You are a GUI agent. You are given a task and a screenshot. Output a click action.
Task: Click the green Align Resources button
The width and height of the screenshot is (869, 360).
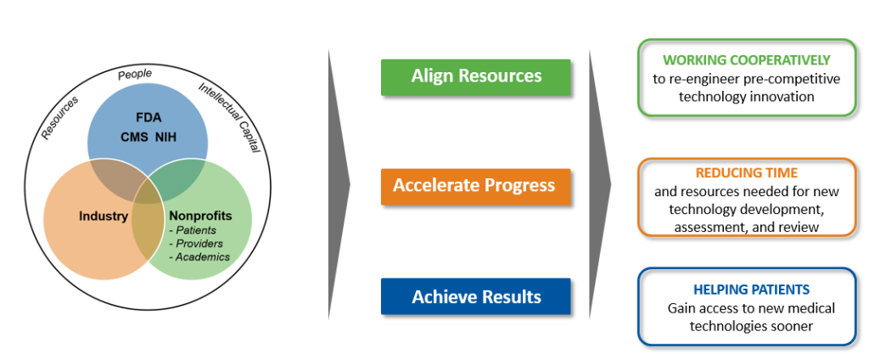pyautogui.click(x=476, y=76)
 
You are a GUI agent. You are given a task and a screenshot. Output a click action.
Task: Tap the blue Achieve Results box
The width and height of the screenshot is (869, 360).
pyautogui.click(x=476, y=297)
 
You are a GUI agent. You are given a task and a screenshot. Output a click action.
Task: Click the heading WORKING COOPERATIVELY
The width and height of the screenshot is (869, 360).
pyautogui.click(x=747, y=60)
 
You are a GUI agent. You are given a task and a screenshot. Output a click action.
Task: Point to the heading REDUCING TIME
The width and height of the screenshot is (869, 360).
pyautogui.click(x=746, y=173)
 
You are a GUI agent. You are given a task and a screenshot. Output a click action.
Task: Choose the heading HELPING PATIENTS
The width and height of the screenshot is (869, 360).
pyautogui.click(x=746, y=290)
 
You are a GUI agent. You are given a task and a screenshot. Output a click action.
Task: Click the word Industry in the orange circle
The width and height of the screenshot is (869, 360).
pyautogui.click(x=104, y=217)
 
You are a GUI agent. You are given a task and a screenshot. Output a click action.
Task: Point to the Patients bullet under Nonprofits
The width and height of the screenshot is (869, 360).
pyautogui.click(x=196, y=230)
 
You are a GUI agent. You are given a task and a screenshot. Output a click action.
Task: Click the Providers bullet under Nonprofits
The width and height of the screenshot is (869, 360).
pyautogui.click(x=199, y=244)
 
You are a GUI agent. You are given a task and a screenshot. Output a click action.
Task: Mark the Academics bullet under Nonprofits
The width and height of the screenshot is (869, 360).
pyautogui.click(x=202, y=257)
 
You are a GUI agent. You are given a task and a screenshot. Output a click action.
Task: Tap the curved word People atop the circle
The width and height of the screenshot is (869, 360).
pyautogui.click(x=135, y=75)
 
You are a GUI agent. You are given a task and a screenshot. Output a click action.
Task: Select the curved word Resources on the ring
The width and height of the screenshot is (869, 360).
pyautogui.click(x=60, y=117)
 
